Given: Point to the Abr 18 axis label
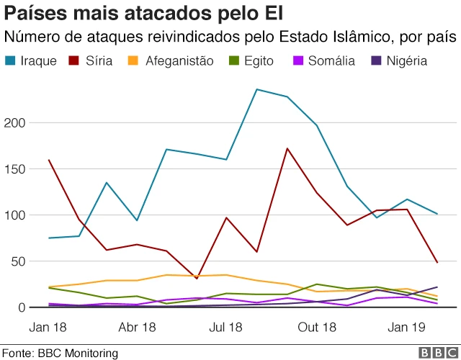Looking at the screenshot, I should click(138, 328).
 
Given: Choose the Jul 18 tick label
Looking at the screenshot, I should click(225, 328).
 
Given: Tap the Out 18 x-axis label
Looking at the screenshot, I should click(318, 328).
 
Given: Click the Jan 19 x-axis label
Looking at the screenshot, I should click(407, 328).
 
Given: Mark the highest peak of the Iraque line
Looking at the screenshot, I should click(257, 89).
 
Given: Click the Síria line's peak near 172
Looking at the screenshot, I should click(287, 149).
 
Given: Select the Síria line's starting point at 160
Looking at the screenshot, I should click(50, 160).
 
